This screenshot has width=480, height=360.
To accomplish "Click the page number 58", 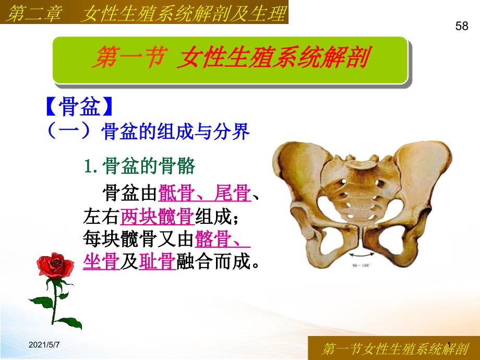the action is click(x=462, y=26).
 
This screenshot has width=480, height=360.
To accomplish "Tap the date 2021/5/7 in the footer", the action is click(x=44, y=345).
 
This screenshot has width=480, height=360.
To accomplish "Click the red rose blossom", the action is click(x=55, y=266).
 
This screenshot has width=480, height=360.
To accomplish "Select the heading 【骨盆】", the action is click(x=79, y=106).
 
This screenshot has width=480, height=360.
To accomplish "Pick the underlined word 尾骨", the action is click(x=233, y=193).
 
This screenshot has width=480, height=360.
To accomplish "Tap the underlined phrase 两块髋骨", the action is click(x=158, y=217).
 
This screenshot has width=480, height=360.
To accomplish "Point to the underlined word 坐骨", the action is click(x=101, y=262).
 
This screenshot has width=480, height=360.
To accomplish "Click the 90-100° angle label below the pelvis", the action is click(x=362, y=266).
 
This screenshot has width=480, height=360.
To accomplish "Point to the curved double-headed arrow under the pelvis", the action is click(x=362, y=254).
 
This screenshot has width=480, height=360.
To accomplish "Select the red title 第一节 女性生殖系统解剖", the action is click(x=231, y=57).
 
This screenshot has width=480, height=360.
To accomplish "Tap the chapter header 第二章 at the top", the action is click(x=33, y=14).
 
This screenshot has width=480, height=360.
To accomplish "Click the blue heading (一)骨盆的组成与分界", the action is click(x=148, y=131).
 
